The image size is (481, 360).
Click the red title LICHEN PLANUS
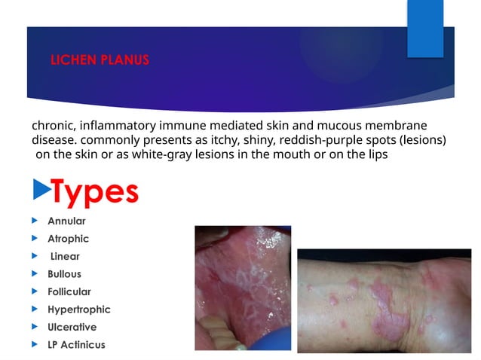click(x=100, y=60)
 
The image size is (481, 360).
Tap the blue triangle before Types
click(x=39, y=191)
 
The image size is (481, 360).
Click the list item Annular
click(x=66, y=221)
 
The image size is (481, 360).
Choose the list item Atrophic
click(x=68, y=239)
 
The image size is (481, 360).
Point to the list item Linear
click(x=65, y=257)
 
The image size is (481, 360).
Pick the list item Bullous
click(x=64, y=274)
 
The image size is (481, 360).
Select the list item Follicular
click(x=69, y=291)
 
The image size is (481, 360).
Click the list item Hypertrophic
click(x=78, y=310)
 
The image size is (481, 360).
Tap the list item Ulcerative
click(x=72, y=327)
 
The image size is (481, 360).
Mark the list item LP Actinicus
click(x=76, y=345)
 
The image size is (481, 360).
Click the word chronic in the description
click(x=52, y=125)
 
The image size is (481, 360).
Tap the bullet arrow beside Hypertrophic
click(x=35, y=310)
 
